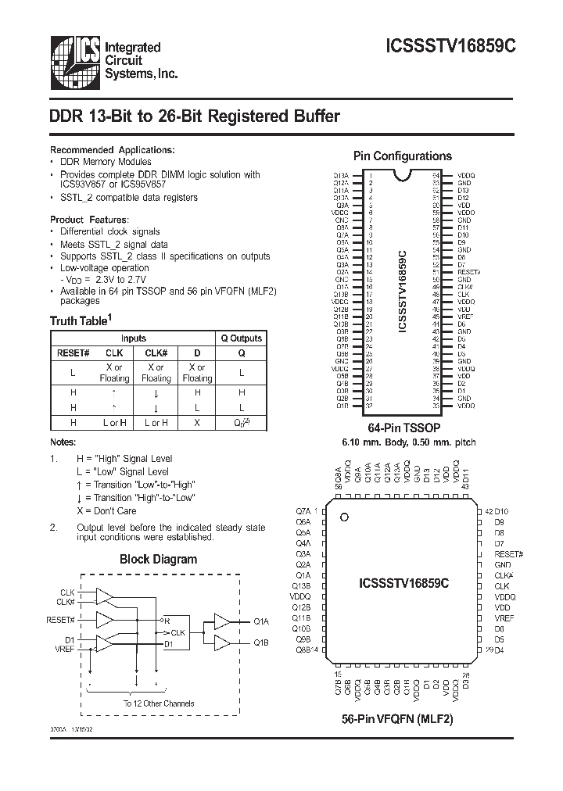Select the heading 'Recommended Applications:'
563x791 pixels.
tap(113, 149)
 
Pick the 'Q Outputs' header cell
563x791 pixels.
tap(242, 338)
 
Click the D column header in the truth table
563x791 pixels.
tap(197, 353)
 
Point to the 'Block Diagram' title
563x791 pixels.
tap(158, 559)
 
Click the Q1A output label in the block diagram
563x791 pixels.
tap(261, 621)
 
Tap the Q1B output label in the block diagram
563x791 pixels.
tap(261, 642)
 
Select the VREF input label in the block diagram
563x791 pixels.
tap(65, 650)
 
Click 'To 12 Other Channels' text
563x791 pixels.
tap(159, 703)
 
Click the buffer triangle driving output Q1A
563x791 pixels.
tap(222, 621)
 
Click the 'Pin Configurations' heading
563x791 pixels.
tap(403, 156)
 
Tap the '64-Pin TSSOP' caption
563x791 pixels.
tap(403, 428)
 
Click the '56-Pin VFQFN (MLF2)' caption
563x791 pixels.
tap(397, 718)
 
